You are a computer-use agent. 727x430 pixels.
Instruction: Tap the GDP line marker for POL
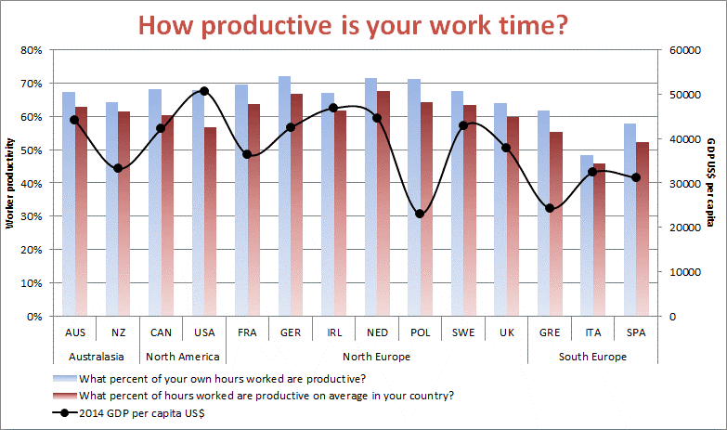click(420, 214)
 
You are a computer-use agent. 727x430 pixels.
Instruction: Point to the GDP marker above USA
click(204, 91)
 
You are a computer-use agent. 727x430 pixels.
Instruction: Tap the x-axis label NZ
click(118, 332)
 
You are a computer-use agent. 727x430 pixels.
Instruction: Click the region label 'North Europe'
click(376, 357)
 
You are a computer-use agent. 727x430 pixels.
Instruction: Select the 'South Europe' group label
click(592, 357)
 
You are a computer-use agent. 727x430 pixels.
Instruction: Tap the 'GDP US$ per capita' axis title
click(709, 182)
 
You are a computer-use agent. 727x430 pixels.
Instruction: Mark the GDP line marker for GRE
click(550, 208)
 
